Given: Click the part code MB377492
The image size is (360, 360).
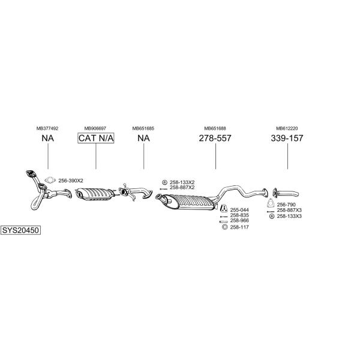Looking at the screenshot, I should [x=47, y=128].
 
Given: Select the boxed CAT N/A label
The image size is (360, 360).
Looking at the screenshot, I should [x=95, y=139].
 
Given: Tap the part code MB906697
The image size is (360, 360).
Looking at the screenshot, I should [x=95, y=128].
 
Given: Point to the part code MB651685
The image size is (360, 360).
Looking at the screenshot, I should [x=143, y=128].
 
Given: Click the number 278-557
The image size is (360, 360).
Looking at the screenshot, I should [x=215, y=139].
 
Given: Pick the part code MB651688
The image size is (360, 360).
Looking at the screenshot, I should [x=215, y=128].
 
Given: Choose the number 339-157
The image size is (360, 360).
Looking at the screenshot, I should [x=287, y=139].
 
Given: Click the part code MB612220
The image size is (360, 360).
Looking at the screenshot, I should [x=287, y=128].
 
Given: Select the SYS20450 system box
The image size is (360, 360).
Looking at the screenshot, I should [x=21, y=230].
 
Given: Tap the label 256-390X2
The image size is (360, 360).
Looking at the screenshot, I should [x=71, y=181].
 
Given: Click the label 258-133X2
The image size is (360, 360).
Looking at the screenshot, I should [x=182, y=182].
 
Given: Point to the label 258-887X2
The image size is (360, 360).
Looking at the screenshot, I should [x=182, y=188].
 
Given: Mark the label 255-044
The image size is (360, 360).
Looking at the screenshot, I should [x=239, y=210].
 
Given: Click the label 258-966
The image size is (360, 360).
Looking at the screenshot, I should [x=239, y=221].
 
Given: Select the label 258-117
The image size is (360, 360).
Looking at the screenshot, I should [x=239, y=227].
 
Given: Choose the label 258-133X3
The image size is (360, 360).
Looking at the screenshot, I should [x=289, y=216].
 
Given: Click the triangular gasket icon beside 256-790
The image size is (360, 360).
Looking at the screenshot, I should [x=271, y=205].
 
